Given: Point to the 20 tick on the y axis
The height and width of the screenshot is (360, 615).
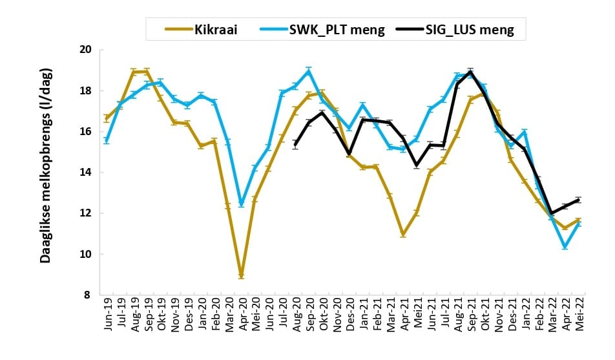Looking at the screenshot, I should click(85, 50).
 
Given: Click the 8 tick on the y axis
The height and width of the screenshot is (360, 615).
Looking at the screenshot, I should click(89, 295).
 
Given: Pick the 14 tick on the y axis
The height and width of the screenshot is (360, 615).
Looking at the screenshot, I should click(85, 173).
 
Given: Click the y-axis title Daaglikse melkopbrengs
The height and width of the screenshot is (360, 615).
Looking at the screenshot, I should click(46, 173).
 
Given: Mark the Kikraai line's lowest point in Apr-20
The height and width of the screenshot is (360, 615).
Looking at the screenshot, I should click(241, 275).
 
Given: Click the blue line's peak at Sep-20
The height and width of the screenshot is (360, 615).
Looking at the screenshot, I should click(309, 70).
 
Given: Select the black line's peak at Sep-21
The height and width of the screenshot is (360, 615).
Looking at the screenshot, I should click(470, 72).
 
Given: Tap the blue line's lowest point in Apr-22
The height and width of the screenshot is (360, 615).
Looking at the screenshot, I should click(565, 247).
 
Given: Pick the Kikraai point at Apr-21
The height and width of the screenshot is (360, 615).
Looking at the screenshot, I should click(403, 235).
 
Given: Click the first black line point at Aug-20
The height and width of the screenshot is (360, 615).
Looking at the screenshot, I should click(295, 145).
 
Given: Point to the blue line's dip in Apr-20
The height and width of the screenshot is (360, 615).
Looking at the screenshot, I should click(241, 204).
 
